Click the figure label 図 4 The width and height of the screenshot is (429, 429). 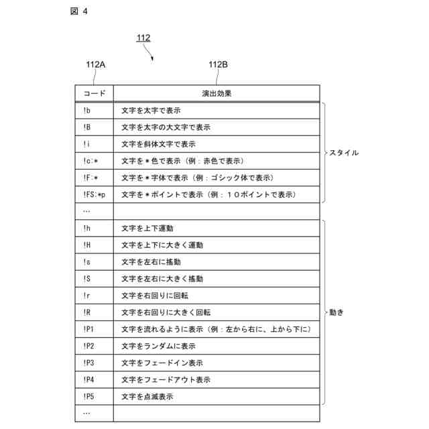78,11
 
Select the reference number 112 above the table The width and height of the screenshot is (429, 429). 143,38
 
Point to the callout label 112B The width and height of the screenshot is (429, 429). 218,65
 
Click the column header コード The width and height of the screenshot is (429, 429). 94,94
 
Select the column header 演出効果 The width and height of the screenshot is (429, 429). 217,94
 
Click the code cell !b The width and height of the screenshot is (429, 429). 87,111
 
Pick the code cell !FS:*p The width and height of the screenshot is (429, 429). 95,194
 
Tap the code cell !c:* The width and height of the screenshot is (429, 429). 90,161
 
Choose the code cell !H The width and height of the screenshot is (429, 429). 87,245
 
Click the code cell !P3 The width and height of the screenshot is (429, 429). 88,363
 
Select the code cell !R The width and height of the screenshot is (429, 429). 87,312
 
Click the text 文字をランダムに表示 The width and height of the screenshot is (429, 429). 158,346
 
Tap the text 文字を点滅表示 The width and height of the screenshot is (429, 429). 147,396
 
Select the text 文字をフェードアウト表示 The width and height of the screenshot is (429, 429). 166,379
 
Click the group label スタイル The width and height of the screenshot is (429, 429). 343,153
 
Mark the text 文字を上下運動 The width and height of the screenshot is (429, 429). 147,229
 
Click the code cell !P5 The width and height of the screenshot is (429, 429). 88,396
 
